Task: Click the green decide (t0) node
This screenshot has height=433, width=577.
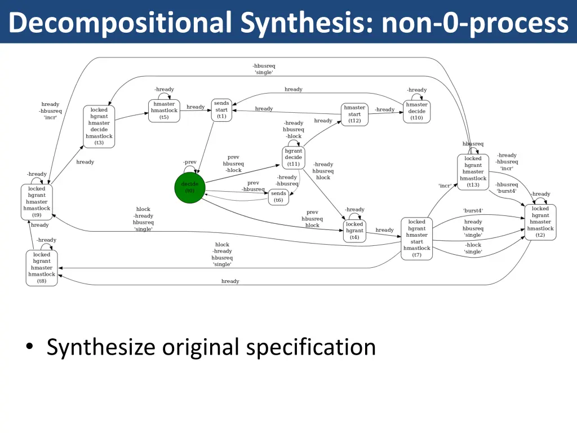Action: pos(190,188)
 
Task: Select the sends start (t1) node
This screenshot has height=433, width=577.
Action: pos(221,110)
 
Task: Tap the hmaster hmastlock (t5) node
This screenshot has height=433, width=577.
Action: pos(164,111)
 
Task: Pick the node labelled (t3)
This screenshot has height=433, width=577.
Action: pos(99,126)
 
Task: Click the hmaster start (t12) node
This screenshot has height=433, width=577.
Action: pos(354,114)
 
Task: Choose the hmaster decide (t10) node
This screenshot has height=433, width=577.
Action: pos(416,111)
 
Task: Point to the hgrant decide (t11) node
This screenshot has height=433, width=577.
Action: pos(293,157)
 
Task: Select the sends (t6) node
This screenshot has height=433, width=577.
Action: pos(278,197)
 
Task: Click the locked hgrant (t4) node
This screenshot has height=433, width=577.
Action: pos(354,231)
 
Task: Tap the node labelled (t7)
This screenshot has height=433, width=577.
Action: pos(416,238)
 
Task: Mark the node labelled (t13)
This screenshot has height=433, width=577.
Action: pos(473,172)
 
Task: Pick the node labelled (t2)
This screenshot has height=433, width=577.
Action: pos(540,222)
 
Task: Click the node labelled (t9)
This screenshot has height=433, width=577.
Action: pos(37,202)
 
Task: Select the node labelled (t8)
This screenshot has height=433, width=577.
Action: pos(42,268)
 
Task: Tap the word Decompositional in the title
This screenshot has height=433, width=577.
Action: pos(121,23)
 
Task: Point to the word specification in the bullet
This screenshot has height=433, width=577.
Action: pos(312,346)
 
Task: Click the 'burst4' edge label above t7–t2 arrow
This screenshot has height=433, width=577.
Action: pos(473,211)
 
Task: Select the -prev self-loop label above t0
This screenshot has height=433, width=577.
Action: pos(190,162)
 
